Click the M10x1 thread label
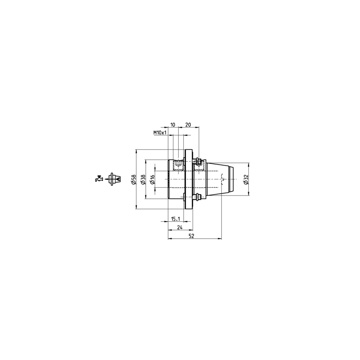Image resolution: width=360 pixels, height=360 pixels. click(160, 132)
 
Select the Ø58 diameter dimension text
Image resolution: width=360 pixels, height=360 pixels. click(134, 179)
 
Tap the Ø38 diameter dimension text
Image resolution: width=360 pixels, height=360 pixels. click(143, 179)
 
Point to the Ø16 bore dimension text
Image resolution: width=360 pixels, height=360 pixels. click(152, 179)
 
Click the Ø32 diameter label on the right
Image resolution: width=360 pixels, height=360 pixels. click(246, 179)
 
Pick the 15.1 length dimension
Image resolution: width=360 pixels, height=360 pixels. click(176, 219)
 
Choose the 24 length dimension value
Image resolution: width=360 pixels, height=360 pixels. click(180, 227)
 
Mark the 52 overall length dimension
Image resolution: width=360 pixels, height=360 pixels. click(191, 236)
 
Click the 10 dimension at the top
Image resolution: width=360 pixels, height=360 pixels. click(173, 125)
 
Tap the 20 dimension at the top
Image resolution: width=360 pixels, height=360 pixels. click(188, 125)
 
